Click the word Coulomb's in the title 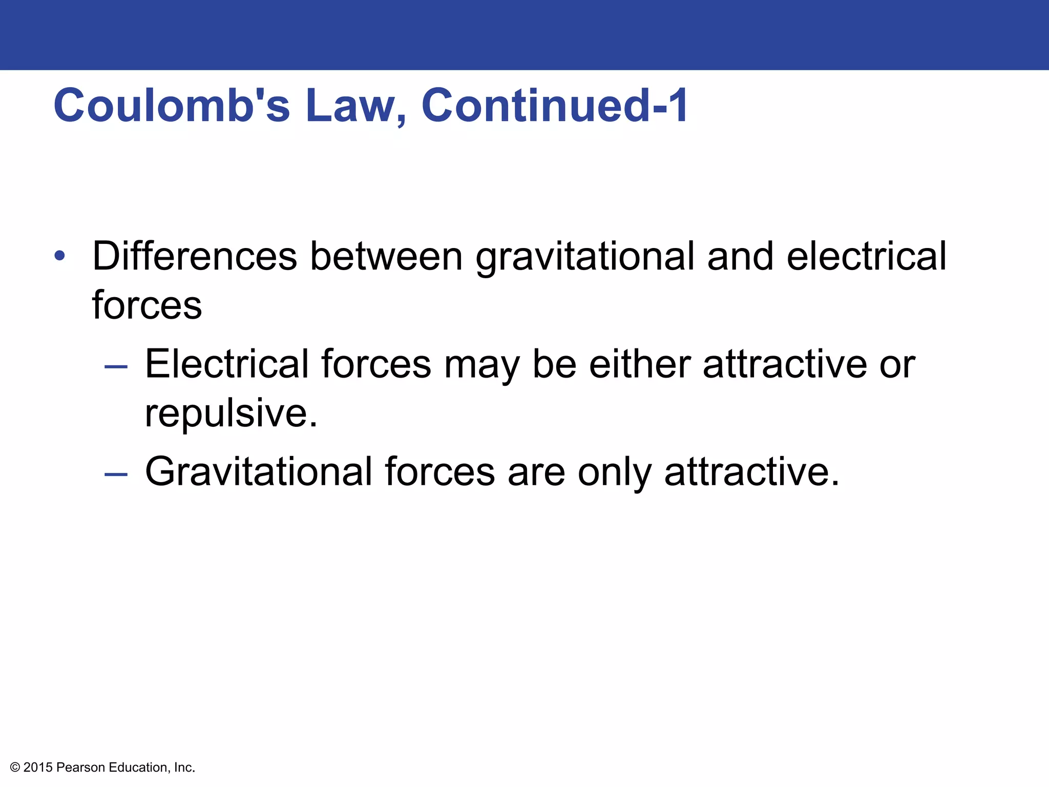(x=172, y=106)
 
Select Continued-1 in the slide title (x=555, y=106)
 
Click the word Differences (x=195, y=256)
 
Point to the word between (x=387, y=256)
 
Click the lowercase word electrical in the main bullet (x=866, y=256)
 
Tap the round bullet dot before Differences (x=60, y=255)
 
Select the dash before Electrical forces (x=116, y=367)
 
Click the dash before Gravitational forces (x=116, y=474)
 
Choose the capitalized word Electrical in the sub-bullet (x=227, y=364)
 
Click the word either (x=640, y=364)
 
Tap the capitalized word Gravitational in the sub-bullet (x=259, y=471)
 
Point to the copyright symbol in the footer (x=15, y=768)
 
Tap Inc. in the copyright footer (x=184, y=768)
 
